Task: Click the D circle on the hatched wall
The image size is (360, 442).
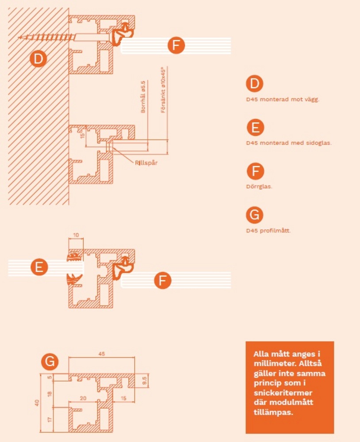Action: pyautogui.click(x=38, y=59)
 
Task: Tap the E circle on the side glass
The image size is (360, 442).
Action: pyautogui.click(x=39, y=267)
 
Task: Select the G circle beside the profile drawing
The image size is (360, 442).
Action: pyautogui.click(x=50, y=362)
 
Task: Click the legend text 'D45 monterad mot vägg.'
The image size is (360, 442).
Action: pyautogui.click(x=283, y=99)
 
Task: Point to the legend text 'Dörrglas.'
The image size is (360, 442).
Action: pyautogui.click(x=259, y=187)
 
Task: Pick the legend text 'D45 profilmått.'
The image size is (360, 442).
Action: pyautogui.click(x=268, y=231)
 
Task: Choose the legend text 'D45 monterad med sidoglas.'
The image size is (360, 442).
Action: pyautogui.click(x=289, y=143)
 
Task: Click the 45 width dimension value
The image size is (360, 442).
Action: pyautogui.click(x=102, y=354)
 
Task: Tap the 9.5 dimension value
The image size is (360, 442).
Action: pyautogui.click(x=145, y=381)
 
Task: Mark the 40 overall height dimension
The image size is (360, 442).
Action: pyautogui.click(x=37, y=403)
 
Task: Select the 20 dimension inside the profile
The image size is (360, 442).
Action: pyautogui.click(x=83, y=398)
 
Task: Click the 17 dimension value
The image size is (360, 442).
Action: pyautogui.click(x=50, y=420)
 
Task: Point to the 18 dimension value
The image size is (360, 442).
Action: pyautogui.click(x=50, y=394)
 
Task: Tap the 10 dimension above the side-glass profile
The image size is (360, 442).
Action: pyautogui.click(x=76, y=235)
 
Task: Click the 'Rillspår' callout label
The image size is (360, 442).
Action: pyautogui.click(x=146, y=163)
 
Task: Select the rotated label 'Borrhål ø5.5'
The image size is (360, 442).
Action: pyautogui.click(x=143, y=97)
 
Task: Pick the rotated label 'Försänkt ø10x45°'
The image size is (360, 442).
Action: pyautogui.click(x=163, y=90)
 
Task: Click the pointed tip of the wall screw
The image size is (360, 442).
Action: pyautogui.click(x=19, y=37)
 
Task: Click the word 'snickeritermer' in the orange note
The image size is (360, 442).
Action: pyautogui.click(x=283, y=393)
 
